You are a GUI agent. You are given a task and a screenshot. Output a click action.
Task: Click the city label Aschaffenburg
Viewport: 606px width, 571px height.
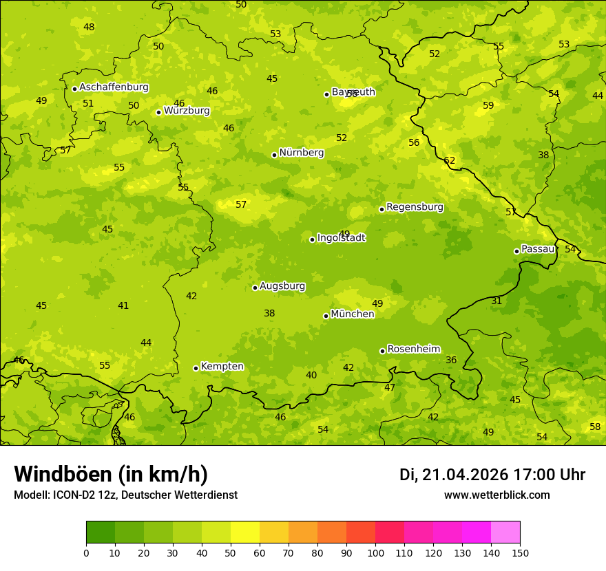pos(114,87)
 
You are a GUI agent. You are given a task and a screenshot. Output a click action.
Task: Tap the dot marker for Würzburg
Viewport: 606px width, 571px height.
pos(158,112)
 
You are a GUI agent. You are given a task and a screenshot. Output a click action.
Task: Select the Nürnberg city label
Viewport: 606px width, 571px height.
pos(301,153)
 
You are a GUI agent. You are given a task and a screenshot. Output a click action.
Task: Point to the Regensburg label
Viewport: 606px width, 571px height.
pos(415,207)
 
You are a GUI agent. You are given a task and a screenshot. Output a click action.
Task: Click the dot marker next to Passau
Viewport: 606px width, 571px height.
pos(516,251)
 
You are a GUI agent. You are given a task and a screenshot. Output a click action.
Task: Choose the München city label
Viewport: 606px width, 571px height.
pos(352,314)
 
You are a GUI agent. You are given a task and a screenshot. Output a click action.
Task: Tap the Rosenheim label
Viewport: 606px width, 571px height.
pos(413,349)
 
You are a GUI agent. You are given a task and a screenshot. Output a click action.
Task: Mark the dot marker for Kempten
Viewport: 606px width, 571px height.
pos(196,368)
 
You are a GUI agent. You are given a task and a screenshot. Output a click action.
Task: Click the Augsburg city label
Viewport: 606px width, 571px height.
pos(282,286)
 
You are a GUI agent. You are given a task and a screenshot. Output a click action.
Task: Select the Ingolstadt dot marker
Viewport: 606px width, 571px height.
pos(312,239)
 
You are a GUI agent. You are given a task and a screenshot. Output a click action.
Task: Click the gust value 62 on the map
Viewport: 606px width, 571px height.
pos(450,161)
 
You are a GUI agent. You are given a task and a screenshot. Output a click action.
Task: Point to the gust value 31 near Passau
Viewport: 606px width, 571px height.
pos(497,301)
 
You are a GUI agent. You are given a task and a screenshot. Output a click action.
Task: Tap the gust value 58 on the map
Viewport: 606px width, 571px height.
pos(595,427)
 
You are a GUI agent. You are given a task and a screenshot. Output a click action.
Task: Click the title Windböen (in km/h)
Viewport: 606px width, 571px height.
pos(111,474)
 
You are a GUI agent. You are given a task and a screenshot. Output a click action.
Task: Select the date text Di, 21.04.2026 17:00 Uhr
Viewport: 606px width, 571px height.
pos(492,475)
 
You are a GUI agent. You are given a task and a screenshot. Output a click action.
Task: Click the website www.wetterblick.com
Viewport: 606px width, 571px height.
pos(497,495)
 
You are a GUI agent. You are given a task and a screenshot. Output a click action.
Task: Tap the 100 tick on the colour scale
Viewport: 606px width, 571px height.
pos(375,552)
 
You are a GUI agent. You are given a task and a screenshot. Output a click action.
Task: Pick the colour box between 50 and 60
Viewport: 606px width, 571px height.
pos(245,532)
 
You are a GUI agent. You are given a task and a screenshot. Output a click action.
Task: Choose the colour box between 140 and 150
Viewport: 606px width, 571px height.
pos(505,532)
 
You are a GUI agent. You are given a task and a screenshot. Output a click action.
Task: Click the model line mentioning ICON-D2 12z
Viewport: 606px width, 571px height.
pos(125,495)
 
